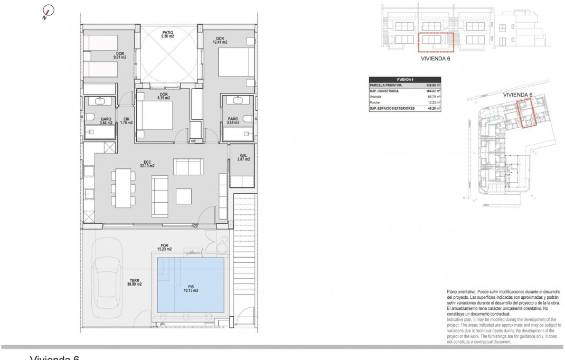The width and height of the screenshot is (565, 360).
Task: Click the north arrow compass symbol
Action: [x=47, y=12]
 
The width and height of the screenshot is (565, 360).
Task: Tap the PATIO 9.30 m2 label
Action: [x=167, y=35]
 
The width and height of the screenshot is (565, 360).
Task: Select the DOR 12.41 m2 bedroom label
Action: [x=219, y=40]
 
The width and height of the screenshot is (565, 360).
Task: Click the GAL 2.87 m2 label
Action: [x=243, y=157]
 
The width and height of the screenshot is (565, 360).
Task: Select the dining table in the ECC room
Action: [x=124, y=189]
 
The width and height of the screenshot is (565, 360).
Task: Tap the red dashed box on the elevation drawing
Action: [x=436, y=42]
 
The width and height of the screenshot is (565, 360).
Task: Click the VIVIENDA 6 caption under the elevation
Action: [x=436, y=60]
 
